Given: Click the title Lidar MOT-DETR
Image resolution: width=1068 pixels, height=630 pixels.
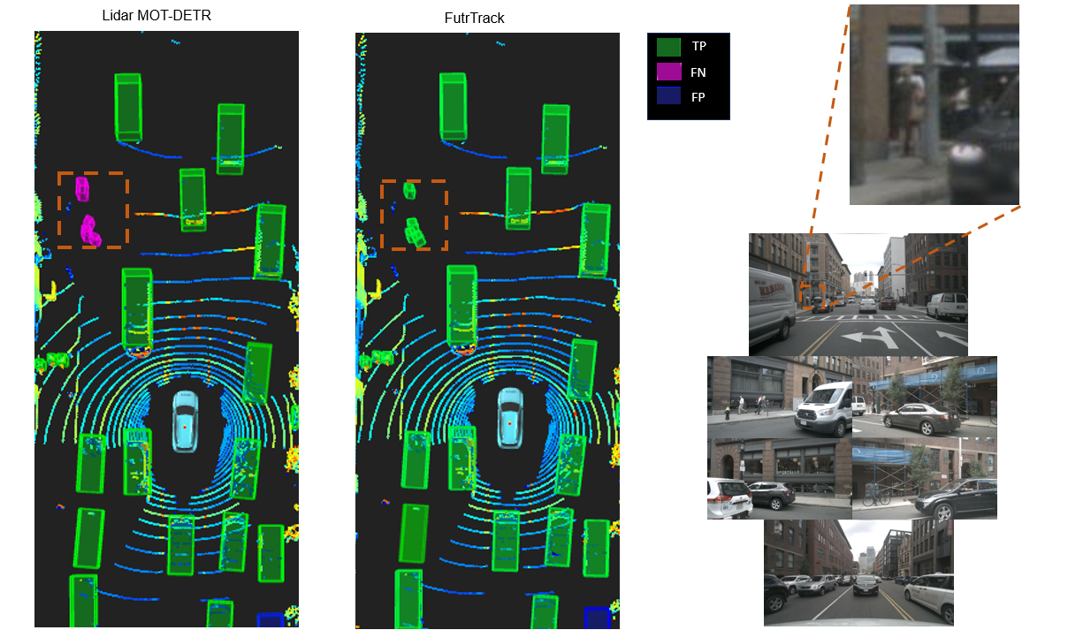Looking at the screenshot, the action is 156,15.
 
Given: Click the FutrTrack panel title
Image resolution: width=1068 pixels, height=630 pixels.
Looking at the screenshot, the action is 474,18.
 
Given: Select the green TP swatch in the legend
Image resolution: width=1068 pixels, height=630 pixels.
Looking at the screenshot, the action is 668,47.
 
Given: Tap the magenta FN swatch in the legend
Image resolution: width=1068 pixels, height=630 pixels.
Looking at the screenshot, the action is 668,72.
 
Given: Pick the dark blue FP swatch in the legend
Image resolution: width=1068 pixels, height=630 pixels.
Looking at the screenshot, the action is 668,96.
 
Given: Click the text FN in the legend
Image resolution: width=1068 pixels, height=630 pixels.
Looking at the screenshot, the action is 698,72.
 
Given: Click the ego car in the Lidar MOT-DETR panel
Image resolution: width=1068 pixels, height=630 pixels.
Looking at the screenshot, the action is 185,421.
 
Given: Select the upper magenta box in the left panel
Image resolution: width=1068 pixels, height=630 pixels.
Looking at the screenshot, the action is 82,189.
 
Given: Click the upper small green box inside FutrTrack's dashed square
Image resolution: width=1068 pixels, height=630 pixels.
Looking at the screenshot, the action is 409,191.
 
